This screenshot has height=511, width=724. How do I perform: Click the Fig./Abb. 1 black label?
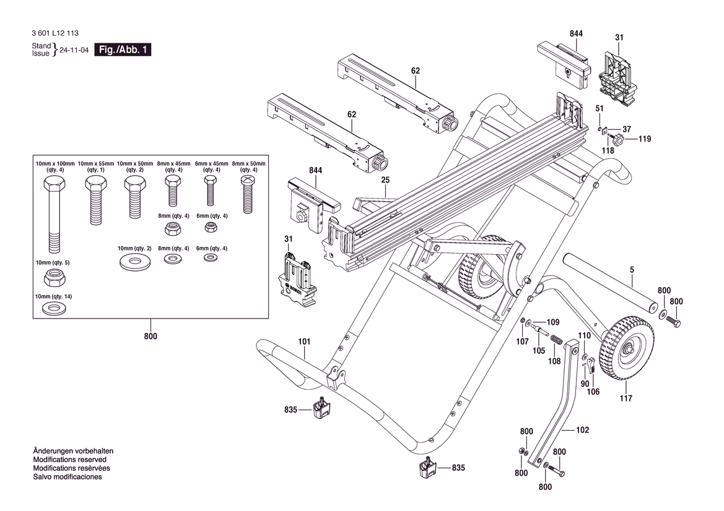123,50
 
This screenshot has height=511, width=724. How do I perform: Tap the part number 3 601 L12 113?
55,33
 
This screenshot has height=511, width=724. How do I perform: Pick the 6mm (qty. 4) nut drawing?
210,228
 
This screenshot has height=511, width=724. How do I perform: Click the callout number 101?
303,341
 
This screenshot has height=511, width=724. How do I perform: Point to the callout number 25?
385,180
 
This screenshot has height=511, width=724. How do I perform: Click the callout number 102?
582,430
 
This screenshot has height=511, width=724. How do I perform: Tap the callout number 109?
552,322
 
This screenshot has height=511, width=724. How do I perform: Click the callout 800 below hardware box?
150,337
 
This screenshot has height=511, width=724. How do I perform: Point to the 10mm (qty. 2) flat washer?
134,260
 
